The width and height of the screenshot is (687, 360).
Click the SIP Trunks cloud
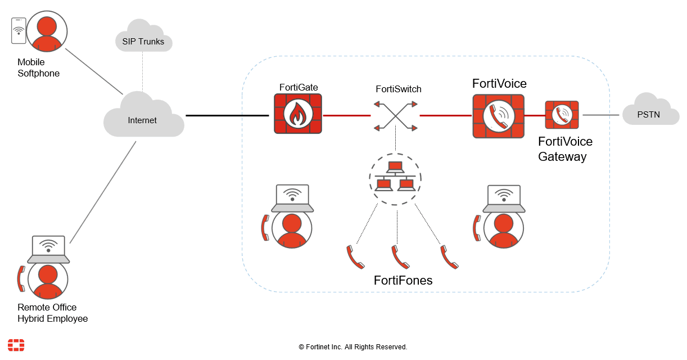pyautogui.click(x=143, y=38)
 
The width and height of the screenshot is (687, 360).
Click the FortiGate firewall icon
pyautogui.click(x=297, y=114)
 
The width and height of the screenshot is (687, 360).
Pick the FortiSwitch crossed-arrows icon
pyautogui.click(x=396, y=116)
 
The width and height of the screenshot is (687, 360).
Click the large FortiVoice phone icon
pyautogui.click(x=498, y=116)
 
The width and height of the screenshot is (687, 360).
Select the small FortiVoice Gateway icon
pyautogui.click(x=562, y=115)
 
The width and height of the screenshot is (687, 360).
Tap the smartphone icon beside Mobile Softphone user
pyautogui.click(x=19, y=30)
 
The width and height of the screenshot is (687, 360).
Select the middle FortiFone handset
pyautogui.click(x=400, y=257)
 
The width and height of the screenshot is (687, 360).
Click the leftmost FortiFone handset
pyautogui.click(x=355, y=257)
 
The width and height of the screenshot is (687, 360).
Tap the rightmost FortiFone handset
pyautogui.click(x=449, y=257)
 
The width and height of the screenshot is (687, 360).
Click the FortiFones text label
pyautogui.click(x=403, y=280)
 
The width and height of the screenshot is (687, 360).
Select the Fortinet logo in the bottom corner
pyautogui.click(x=16, y=345)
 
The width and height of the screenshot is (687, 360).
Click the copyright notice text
pyautogui.click(x=352, y=347)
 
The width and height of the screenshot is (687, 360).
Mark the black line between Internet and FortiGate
pyautogui.click(x=227, y=115)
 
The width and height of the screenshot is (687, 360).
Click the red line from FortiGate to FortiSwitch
pyautogui.click(x=346, y=115)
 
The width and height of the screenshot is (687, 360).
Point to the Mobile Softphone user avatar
pyautogui.click(x=47, y=31)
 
